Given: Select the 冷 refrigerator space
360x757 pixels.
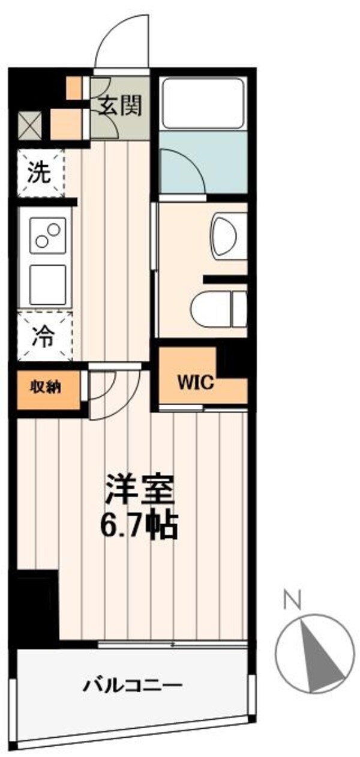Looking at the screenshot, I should pyautogui.click(x=44, y=337).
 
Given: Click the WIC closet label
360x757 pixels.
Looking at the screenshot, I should pyautogui.click(x=195, y=384).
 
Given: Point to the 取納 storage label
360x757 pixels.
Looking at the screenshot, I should pyautogui.click(x=46, y=387).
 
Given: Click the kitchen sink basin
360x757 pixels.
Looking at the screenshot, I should pyautogui.click(x=47, y=285).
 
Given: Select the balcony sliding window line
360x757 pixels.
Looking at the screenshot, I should pyautogui.click(x=172, y=644).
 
